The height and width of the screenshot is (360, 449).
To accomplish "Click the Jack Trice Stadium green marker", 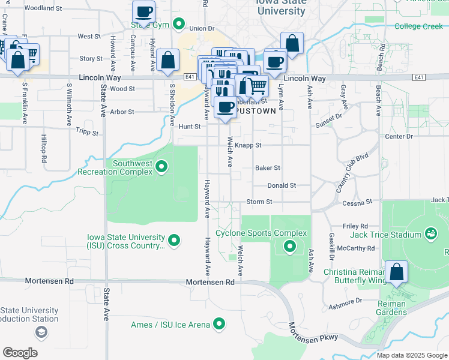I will (430, 233).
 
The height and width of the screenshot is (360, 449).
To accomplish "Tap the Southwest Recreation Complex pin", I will (161, 166).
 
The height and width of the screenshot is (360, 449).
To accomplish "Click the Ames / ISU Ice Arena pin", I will (219, 325).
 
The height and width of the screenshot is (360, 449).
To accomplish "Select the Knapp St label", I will (248, 145).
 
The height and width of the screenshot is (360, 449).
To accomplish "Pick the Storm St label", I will (259, 202).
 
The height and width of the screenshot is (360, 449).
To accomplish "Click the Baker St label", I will (267, 168).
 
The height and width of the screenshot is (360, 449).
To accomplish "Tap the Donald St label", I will (282, 185).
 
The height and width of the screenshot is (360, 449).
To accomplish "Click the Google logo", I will (20, 353).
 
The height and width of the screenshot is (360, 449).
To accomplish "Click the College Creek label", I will (418, 26).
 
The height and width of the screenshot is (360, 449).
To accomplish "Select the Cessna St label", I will (358, 203).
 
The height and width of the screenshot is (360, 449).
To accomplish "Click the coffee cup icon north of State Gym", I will (143, 11).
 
